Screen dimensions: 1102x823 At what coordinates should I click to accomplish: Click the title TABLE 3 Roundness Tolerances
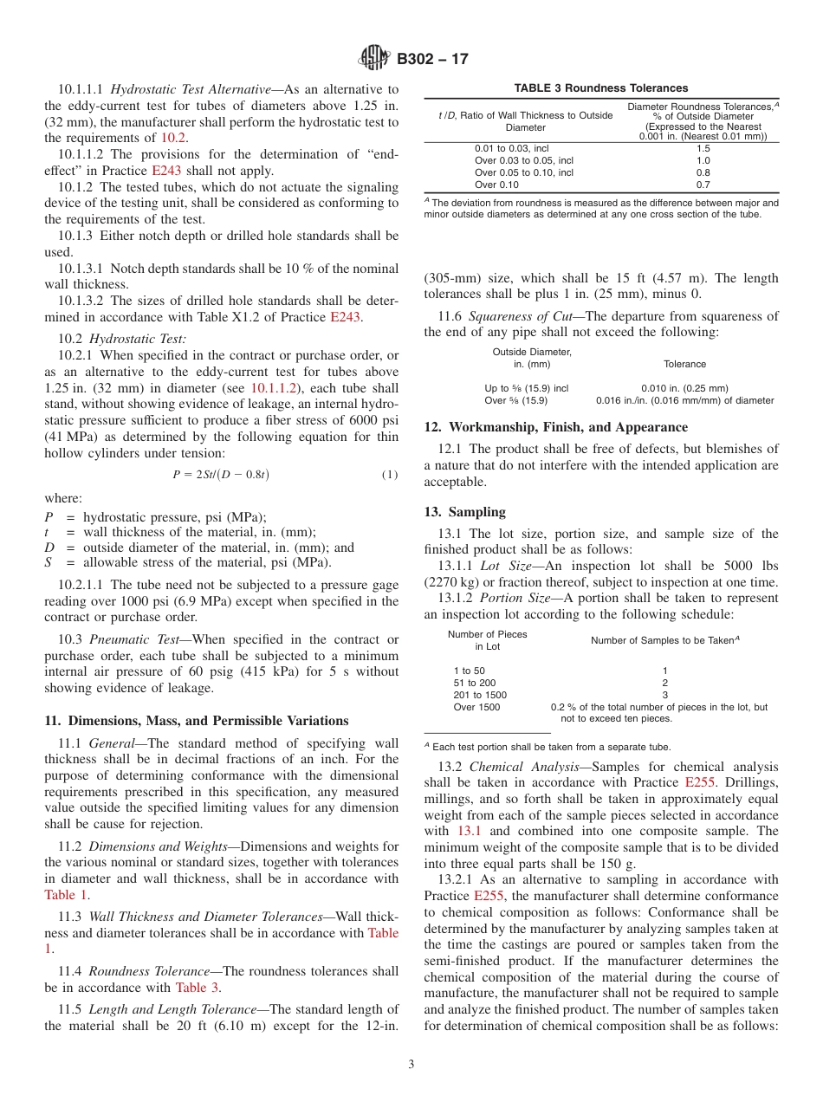pyautogui.click(x=601, y=88)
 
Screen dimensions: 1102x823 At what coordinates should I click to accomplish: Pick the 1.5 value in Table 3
pyautogui.click(x=703, y=149)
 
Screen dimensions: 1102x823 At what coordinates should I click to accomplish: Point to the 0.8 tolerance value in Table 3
pyautogui.click(x=703, y=172)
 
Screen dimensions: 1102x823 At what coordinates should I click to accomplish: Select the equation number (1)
pyautogui.click(x=390, y=475)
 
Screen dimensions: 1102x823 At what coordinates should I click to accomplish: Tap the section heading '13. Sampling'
pyautogui.click(x=465, y=512)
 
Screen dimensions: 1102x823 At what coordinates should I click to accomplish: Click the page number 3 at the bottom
pyautogui.click(x=411, y=1065)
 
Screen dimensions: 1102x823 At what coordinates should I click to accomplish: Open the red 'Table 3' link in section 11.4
pyautogui.click(x=198, y=987)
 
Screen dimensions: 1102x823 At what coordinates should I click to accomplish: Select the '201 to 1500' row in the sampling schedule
pyautogui.click(x=480, y=695)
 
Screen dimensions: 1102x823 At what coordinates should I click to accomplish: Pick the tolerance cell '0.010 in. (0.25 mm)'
pyautogui.click(x=684, y=388)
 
